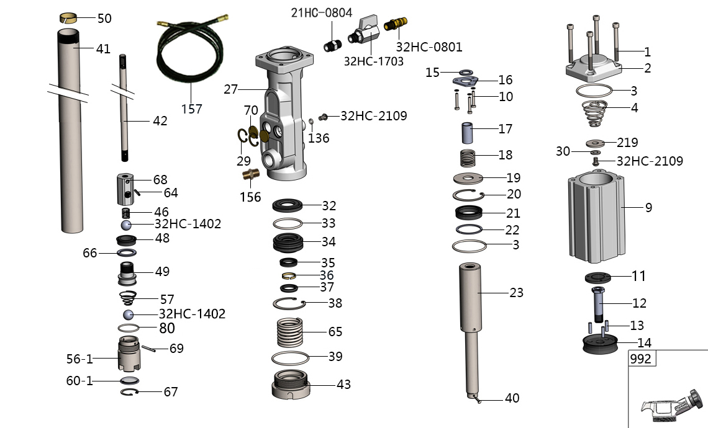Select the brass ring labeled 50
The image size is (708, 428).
point(68,18)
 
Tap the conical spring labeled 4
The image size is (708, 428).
point(598,111)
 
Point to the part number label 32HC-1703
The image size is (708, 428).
point(373,61)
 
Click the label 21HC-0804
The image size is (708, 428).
point(321,12)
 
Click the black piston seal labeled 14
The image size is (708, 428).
point(600,344)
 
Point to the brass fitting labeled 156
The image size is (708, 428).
point(252,177)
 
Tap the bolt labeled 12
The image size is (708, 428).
point(600,304)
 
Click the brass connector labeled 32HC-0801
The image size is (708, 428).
point(394,26)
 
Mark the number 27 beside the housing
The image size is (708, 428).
point(230,89)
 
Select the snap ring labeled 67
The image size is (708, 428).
point(129,392)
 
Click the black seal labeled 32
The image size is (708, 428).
point(289,205)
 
